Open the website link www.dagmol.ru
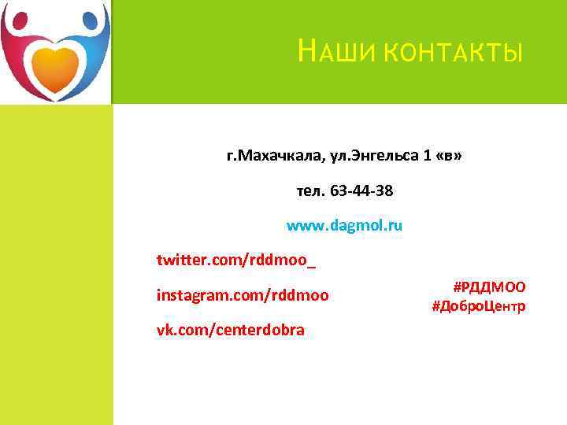pyautogui.click(x=344, y=225)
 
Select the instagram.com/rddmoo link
pyautogui.click(x=243, y=295)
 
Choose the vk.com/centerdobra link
pyautogui.click(x=230, y=330)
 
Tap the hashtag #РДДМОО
pyautogui.click(x=489, y=287)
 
